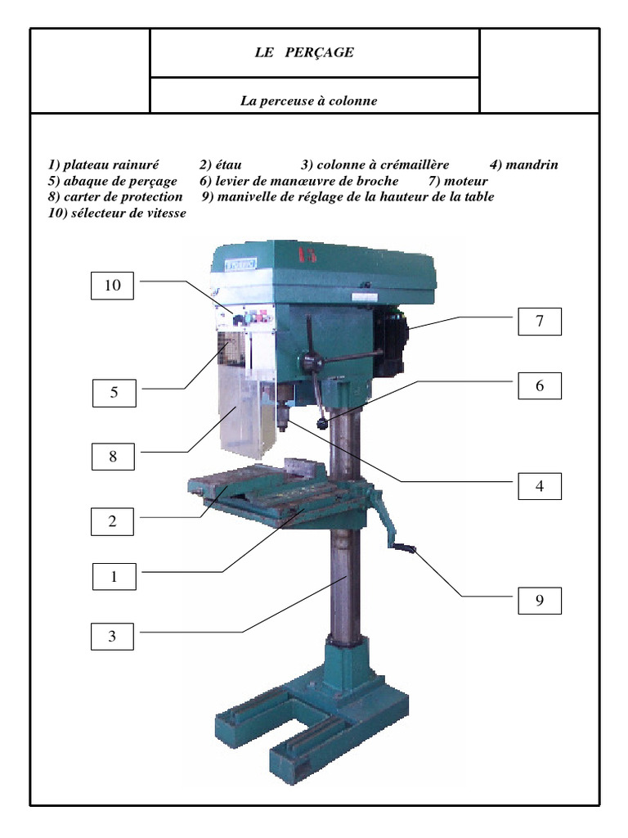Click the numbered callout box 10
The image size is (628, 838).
tap(112, 286)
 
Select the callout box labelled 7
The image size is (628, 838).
tap(540, 321)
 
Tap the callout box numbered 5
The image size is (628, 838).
tap(114, 393)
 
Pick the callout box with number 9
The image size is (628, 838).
tap(540, 601)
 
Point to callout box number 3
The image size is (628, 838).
tap(112, 636)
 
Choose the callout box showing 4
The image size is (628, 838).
tap(540, 486)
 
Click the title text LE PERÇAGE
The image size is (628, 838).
tap(304, 52)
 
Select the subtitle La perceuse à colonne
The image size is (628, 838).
tap(308, 101)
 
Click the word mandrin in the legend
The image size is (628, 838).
tap(532, 164)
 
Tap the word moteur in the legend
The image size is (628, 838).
tap(465, 181)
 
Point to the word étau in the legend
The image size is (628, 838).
tap(229, 164)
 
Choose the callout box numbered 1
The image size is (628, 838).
tap(114, 576)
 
